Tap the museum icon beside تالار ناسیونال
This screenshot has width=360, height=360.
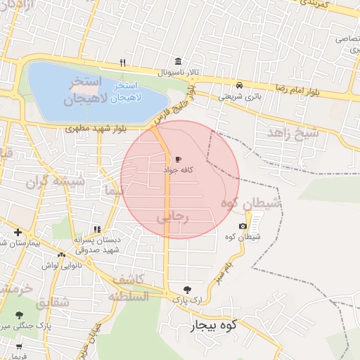click(x=176, y=63)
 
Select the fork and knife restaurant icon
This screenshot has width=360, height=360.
click(x=122, y=63)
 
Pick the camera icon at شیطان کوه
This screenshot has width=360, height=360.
click(x=243, y=226)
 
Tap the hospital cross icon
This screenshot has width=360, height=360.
click(x=18, y=232)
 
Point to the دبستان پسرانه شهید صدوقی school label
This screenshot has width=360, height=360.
click(x=98, y=244)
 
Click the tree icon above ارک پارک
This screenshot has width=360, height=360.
click(x=187, y=289)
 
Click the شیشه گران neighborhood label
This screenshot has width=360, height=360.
click(x=56, y=181)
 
